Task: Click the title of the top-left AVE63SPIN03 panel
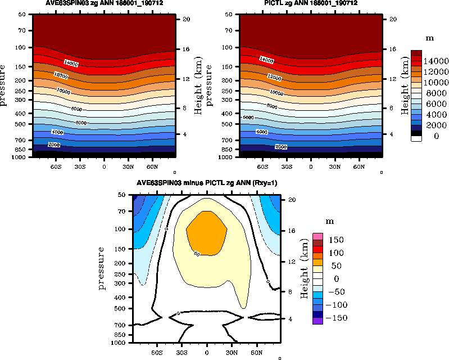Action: pyautogui.click(x=103, y=4)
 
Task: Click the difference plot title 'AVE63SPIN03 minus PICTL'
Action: pyautogui.click(x=207, y=184)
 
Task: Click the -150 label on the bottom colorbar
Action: pyautogui.click(x=336, y=318)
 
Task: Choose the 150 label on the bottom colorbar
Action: pyautogui.click(x=337, y=240)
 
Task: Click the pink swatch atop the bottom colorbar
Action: pyautogui.click(x=318, y=236)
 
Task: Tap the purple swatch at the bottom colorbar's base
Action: pyautogui.click(x=318, y=321)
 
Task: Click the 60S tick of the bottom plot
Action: pyautogui.click(x=157, y=352)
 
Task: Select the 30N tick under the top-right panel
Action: pyautogui.click(x=335, y=167)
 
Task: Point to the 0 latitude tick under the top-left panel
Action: pyautogui.click(x=104, y=167)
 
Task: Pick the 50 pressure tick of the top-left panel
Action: pyautogui.click(x=23, y=14)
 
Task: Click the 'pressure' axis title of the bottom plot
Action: pyautogui.click(x=102, y=268)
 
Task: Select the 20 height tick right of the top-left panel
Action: pyautogui.click(x=185, y=19)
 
